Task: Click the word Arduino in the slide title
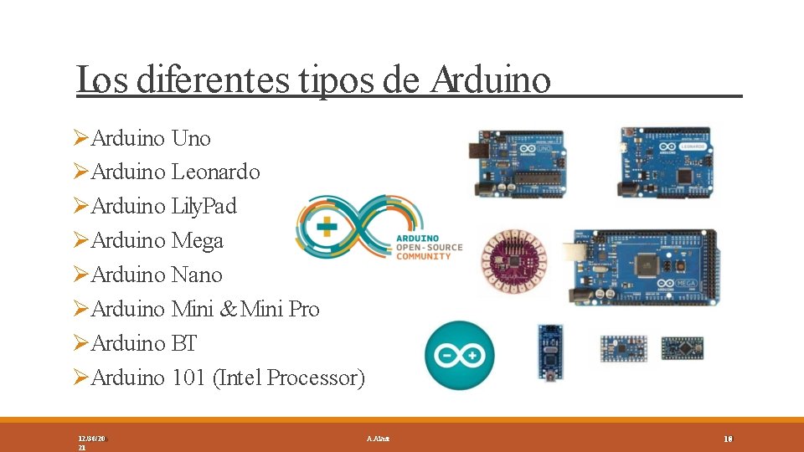pyautogui.click(x=491, y=80)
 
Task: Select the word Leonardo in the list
pyautogui.click(x=215, y=172)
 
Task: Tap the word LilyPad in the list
pyautogui.click(x=204, y=206)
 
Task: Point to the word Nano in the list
pyautogui.click(x=197, y=275)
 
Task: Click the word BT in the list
pyautogui.click(x=183, y=344)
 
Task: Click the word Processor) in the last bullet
pyautogui.click(x=316, y=378)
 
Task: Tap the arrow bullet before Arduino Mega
pyautogui.click(x=80, y=241)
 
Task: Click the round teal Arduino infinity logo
pyautogui.click(x=459, y=355)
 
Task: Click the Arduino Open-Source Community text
pyautogui.click(x=423, y=248)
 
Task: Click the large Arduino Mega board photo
pyautogui.click(x=643, y=267)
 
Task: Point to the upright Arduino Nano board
pyautogui.click(x=550, y=352)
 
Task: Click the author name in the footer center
pyautogui.click(x=378, y=439)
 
